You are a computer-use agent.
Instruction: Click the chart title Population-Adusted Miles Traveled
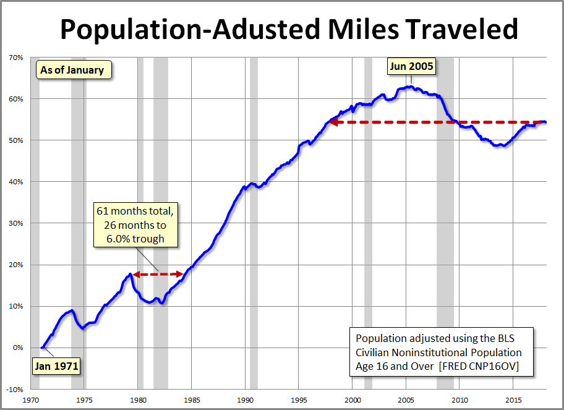coord(288,28)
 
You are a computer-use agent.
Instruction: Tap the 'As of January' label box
coord(72,70)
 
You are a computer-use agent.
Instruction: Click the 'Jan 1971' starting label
coord(56,365)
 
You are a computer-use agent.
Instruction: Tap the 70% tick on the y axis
coord(15,58)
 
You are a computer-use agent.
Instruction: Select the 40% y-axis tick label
coord(15,182)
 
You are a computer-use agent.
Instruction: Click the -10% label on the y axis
coord(14,389)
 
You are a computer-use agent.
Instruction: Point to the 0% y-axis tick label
coord(17,348)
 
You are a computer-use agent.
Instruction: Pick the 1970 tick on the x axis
coord(32,399)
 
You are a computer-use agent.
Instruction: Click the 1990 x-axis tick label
coord(246,399)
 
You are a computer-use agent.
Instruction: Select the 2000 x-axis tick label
coord(352,399)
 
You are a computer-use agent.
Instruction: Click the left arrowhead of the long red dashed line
coord(333,122)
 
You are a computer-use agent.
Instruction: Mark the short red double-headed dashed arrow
coord(158,274)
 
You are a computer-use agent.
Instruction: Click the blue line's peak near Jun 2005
coord(408,87)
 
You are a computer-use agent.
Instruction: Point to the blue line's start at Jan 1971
coord(42,348)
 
